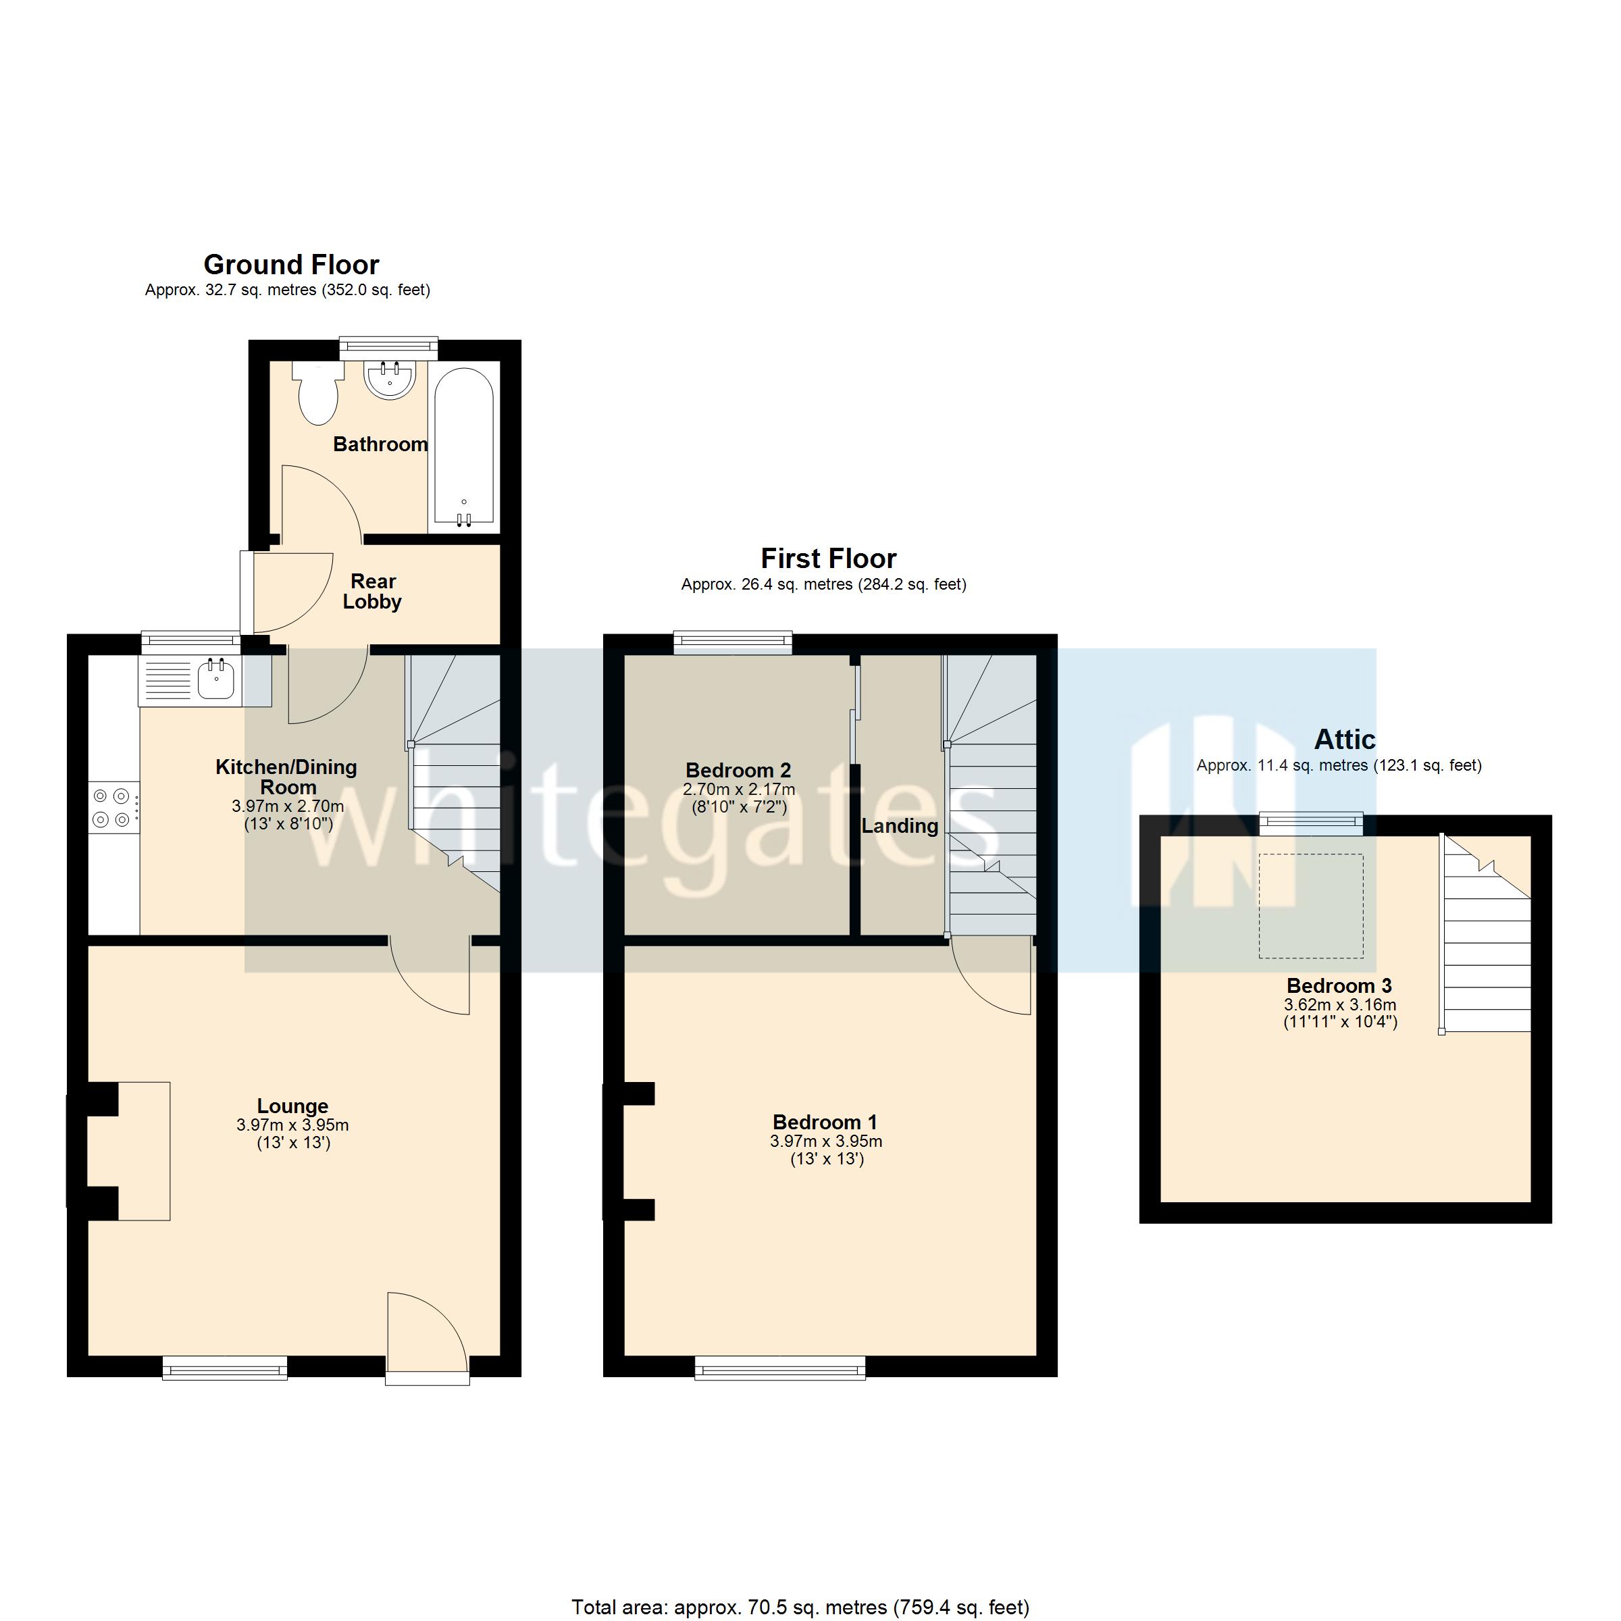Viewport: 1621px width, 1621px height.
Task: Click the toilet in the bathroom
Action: pyautogui.click(x=318, y=395)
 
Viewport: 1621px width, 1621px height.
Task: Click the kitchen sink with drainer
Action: pyautogui.click(x=191, y=679)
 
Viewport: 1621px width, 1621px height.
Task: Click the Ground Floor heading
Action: pyautogui.click(x=291, y=265)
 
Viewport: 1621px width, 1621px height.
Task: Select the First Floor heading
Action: pyautogui.click(x=828, y=559)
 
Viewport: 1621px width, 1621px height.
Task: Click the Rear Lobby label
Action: pyautogui.click(x=373, y=592)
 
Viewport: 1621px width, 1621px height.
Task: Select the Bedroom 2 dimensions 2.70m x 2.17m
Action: pyautogui.click(x=738, y=790)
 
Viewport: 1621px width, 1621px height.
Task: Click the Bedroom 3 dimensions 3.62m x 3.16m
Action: pyautogui.click(x=1340, y=1005)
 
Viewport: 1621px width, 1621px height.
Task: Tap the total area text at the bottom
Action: pyautogui.click(x=800, y=1607)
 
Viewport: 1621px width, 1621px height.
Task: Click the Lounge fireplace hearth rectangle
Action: pyautogui.click(x=145, y=1151)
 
